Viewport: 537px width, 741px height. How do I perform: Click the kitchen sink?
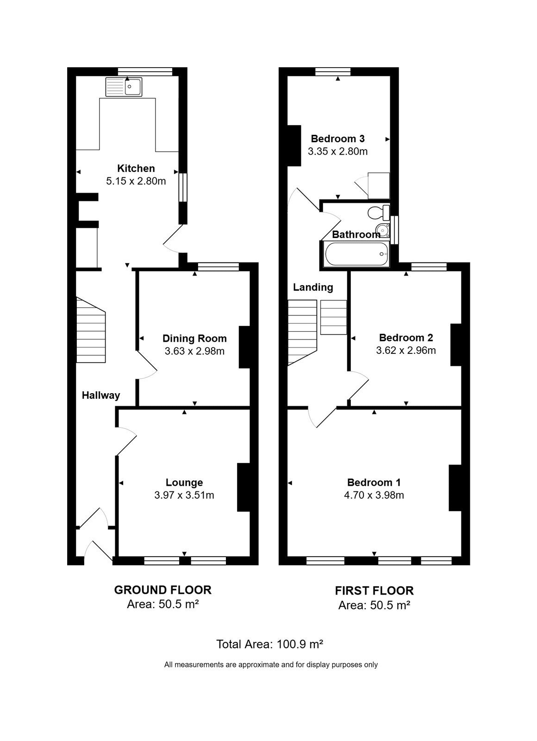[124, 87]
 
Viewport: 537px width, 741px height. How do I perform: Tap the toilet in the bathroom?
[379, 213]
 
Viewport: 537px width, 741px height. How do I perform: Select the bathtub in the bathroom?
[356, 254]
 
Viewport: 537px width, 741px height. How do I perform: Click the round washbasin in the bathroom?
[383, 230]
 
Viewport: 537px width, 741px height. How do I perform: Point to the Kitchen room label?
[136, 169]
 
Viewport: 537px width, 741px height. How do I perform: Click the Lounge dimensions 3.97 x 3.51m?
[184, 495]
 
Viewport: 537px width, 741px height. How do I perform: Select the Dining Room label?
[194, 339]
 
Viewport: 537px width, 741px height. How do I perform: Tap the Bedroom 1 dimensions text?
[374, 495]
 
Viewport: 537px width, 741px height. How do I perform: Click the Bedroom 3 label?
[337, 138]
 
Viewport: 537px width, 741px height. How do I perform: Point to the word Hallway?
[101, 396]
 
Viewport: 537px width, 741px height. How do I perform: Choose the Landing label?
[313, 287]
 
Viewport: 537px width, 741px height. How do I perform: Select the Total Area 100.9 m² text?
[269, 644]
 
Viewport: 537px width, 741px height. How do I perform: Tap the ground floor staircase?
[91, 330]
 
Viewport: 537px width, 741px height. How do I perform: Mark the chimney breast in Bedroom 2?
[456, 345]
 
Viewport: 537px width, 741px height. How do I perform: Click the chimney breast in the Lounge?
[244, 487]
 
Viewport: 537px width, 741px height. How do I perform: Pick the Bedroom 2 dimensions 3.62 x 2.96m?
[406, 350]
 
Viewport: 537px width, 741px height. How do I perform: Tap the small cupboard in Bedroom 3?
[379, 186]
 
